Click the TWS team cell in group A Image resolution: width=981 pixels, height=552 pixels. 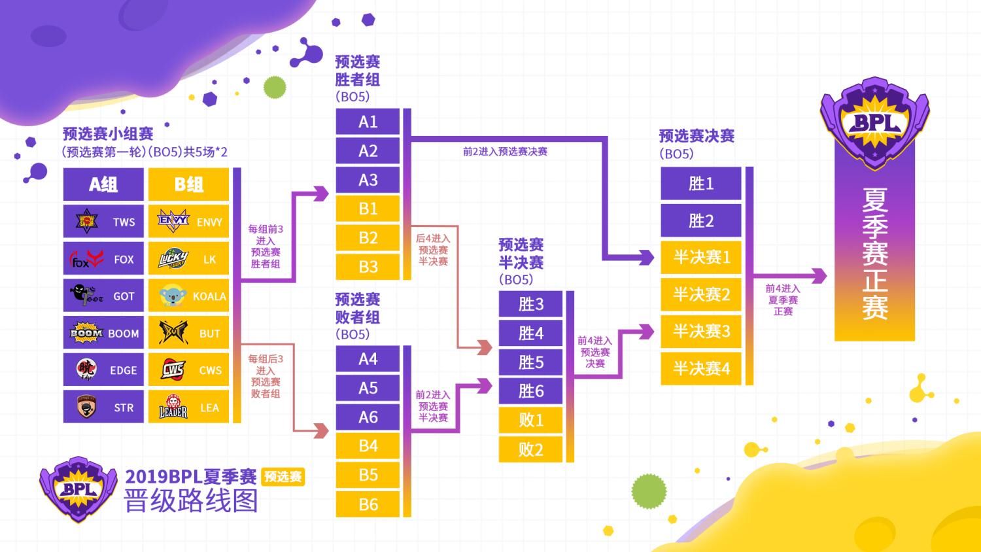point(103,222)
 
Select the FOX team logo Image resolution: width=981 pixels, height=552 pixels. point(86,259)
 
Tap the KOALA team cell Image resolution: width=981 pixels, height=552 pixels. point(188,296)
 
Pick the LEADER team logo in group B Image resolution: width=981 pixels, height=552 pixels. point(173,407)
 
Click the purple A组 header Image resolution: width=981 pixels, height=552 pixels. point(103,184)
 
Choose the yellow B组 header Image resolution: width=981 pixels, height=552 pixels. point(188,184)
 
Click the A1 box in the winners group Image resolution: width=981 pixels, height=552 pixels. point(368,122)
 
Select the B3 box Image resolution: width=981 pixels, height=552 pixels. point(368,267)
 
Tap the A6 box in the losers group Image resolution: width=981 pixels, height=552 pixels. point(368,417)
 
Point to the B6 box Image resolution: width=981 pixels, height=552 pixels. point(368,504)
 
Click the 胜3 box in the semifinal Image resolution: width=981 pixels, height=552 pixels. point(530,304)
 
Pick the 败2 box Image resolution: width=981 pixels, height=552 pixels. point(530,449)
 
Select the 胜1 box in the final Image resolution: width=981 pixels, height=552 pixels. point(700,184)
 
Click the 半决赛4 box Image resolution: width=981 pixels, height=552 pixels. point(700,369)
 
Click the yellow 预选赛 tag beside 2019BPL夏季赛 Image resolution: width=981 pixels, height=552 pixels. point(283,477)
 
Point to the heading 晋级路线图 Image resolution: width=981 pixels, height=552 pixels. point(191,501)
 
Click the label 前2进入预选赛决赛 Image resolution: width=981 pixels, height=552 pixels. point(505,152)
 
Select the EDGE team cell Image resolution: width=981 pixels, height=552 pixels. point(103,370)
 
